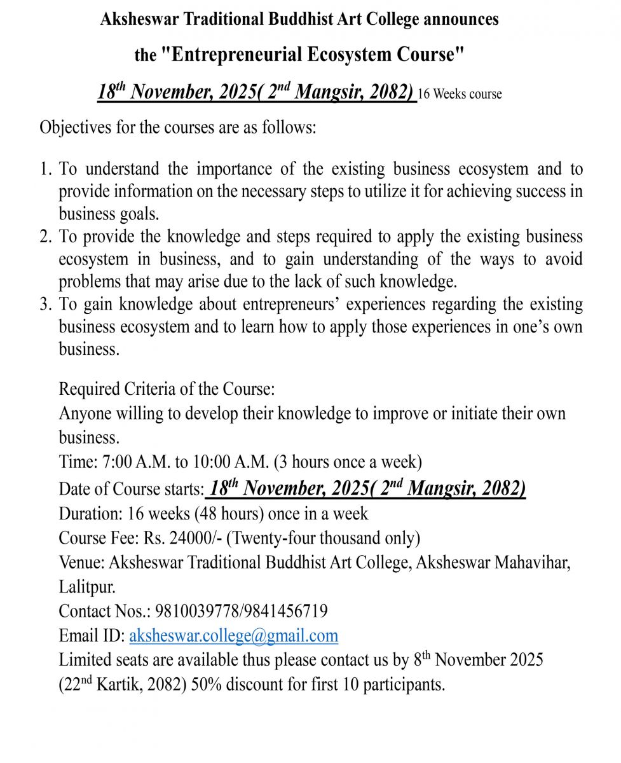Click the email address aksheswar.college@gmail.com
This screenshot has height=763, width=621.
[233, 635]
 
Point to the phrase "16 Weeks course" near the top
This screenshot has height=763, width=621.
[460, 94]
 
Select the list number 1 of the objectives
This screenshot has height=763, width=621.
[45, 169]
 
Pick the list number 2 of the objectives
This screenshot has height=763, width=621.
[45, 237]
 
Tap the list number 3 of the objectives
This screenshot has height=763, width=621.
[45, 305]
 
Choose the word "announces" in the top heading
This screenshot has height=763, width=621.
[461, 20]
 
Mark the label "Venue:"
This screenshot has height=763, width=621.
[82, 562]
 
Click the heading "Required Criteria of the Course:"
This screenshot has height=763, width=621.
[167, 388]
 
